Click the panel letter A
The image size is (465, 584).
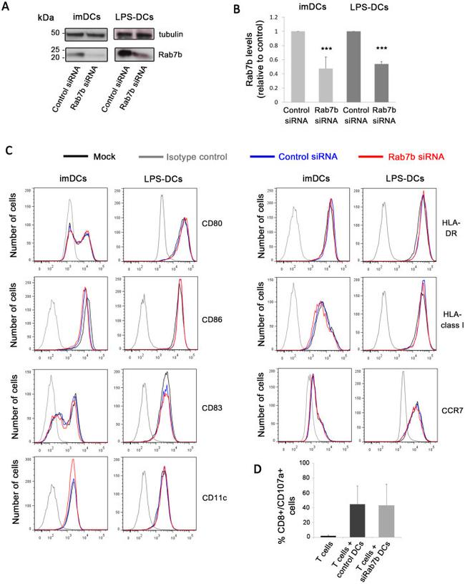pyautogui.click(x=8, y=7)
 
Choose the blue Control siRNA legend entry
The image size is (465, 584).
pyautogui.click(x=310, y=156)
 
